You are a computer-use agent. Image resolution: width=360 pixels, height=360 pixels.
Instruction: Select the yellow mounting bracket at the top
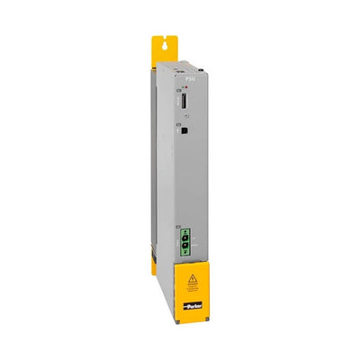click(166, 50)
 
